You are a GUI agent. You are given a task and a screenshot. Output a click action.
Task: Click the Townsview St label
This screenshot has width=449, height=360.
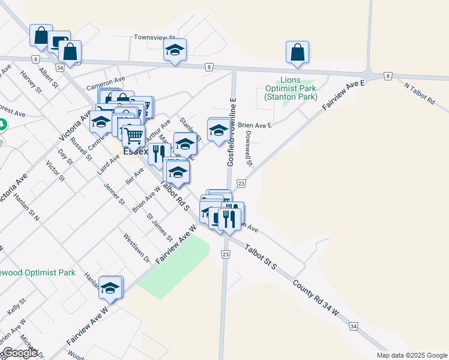tap(154, 37)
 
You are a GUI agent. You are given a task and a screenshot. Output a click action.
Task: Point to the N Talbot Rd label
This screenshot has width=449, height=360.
tap(420, 95)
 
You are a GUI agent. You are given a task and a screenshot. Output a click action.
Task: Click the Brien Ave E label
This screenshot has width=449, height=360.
tap(255, 125)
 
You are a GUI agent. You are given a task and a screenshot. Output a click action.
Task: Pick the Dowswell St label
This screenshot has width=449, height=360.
tap(249, 148)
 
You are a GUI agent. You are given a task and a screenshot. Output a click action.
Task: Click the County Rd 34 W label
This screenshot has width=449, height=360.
tap(316, 296)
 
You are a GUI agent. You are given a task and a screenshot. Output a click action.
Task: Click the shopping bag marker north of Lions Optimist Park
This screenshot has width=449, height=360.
tap(298, 53)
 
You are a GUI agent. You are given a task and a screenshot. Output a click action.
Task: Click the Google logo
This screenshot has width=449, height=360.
tap(20, 353)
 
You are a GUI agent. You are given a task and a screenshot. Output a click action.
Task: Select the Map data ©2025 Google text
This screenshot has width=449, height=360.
tap(411, 355)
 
